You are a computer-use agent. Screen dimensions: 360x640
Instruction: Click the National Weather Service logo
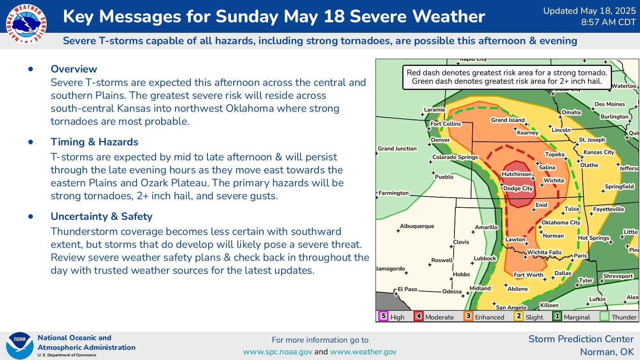point(26,23)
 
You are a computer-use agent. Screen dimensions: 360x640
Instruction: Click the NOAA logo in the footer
point(19,345)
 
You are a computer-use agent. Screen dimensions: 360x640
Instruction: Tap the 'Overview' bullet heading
point(74,69)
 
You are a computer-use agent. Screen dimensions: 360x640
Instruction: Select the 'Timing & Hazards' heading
point(94,142)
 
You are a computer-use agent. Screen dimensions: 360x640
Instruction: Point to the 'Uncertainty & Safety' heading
point(101,216)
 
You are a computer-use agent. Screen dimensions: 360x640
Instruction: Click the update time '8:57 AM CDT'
point(608,22)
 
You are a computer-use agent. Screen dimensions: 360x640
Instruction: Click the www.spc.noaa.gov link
point(277,351)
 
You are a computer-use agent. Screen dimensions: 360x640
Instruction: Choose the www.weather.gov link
point(363,351)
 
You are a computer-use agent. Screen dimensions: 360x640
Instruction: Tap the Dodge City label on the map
point(518,188)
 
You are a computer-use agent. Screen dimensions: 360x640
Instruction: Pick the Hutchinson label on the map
point(516,174)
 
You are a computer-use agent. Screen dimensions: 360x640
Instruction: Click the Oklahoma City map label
point(561,222)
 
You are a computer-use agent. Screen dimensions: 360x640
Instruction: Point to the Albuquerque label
point(417,226)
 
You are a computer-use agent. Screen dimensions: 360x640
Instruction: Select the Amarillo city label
point(486,227)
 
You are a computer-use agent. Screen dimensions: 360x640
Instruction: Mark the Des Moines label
point(610,104)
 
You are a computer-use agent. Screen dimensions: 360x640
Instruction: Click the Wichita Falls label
point(544,252)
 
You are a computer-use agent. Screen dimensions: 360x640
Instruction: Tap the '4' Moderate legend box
point(418,316)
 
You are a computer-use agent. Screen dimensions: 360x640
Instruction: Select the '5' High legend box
point(383,316)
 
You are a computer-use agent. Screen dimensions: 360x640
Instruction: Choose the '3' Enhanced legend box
point(468,316)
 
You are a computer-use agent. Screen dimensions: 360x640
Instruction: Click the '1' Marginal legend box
point(557,316)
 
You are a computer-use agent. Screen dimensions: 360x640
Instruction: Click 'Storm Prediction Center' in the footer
point(581,339)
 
